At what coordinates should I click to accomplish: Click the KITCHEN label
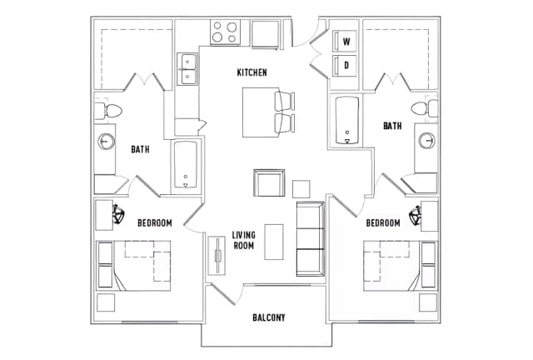pyautogui.click(x=252, y=73)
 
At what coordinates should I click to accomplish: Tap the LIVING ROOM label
pyautogui.click(x=243, y=240)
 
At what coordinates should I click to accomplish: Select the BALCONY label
pyautogui.click(x=268, y=317)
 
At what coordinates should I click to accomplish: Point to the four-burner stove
pyautogui.click(x=225, y=32)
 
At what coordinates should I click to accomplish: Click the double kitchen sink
pyautogui.click(x=187, y=69)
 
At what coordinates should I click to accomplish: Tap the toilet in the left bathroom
pyautogui.click(x=112, y=110)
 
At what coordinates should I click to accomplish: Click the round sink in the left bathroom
pyautogui.click(x=107, y=141)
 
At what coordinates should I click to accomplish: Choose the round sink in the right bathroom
pyautogui.click(x=428, y=140)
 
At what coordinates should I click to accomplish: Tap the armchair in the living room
pyautogui.click(x=269, y=182)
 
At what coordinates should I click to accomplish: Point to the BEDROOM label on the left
pyautogui.click(x=154, y=222)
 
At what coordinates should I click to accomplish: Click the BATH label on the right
pyautogui.click(x=392, y=126)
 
